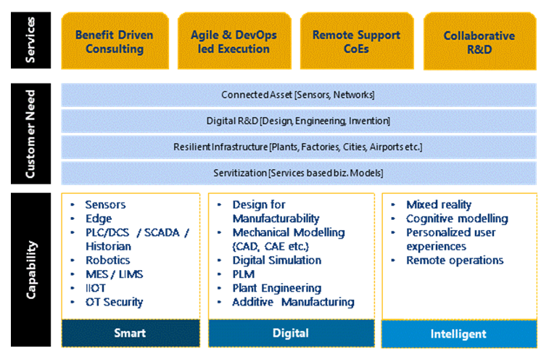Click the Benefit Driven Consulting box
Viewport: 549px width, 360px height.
click(x=114, y=42)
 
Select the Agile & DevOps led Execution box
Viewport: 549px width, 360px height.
click(x=234, y=42)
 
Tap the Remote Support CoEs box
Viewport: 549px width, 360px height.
click(x=356, y=42)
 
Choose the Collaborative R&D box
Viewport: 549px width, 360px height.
click(x=479, y=42)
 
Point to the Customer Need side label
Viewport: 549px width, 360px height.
click(x=30, y=134)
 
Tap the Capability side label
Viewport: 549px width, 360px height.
click(x=30, y=270)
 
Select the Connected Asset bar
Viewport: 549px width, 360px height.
click(x=298, y=95)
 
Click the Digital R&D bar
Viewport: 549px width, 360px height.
click(x=298, y=120)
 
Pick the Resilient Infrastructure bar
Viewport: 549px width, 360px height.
click(x=298, y=147)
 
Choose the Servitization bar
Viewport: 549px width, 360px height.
click(x=298, y=173)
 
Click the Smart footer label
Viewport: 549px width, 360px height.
click(x=130, y=333)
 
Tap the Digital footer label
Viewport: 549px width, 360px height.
click(x=291, y=333)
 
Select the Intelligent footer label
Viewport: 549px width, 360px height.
click(x=459, y=334)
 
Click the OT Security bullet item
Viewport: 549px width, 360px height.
click(x=114, y=302)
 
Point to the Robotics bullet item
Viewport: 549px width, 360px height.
click(x=107, y=260)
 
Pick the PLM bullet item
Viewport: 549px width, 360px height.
click(x=243, y=274)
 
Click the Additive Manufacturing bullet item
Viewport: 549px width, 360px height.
click(x=293, y=302)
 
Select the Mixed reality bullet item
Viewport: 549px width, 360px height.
click(x=438, y=205)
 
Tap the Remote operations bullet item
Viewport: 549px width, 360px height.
click(x=454, y=260)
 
